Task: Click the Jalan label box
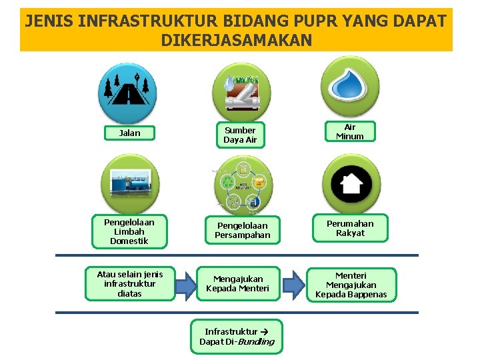click(x=129, y=133)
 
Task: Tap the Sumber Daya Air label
click(x=240, y=135)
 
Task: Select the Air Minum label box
click(x=350, y=131)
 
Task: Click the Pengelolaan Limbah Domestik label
click(x=129, y=231)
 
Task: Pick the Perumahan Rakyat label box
click(x=350, y=229)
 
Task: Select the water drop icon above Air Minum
click(x=350, y=85)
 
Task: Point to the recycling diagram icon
click(x=243, y=186)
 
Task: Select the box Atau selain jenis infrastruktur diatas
click(x=130, y=284)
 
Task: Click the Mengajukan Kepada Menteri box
click(x=238, y=284)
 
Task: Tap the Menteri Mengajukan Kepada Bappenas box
click(x=351, y=285)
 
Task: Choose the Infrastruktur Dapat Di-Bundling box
click(x=237, y=337)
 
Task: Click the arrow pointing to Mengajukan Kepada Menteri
click(x=185, y=285)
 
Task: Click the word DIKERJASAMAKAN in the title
click(x=236, y=41)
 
